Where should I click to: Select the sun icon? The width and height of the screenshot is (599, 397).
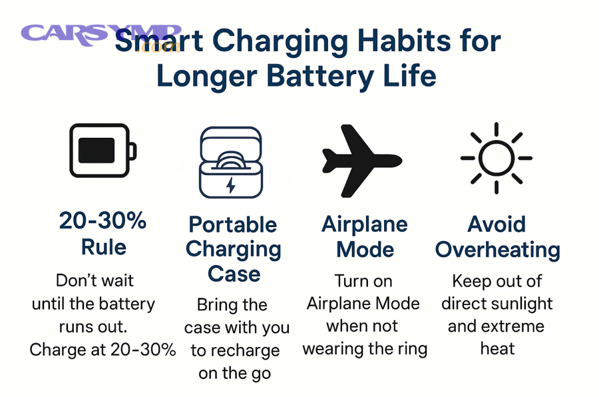pyautogui.click(x=497, y=159)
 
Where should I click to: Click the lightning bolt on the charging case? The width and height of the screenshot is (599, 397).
pyautogui.click(x=231, y=185)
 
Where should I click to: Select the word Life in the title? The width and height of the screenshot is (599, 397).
pyautogui.click(x=409, y=75)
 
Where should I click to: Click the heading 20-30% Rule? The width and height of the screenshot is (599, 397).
pyautogui.click(x=102, y=233)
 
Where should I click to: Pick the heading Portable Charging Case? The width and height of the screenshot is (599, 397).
pyautogui.click(x=233, y=248)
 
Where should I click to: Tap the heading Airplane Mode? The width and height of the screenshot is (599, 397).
pyautogui.click(x=364, y=236)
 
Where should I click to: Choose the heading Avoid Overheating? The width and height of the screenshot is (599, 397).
pyautogui.click(x=497, y=236)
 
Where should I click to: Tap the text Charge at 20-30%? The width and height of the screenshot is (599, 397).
pyautogui.click(x=102, y=350)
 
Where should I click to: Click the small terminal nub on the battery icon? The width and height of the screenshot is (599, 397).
pyautogui.click(x=134, y=151)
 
